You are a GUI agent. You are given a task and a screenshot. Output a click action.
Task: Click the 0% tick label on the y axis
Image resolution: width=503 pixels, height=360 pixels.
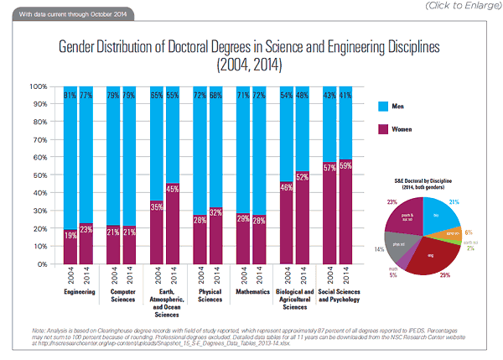point(44,263)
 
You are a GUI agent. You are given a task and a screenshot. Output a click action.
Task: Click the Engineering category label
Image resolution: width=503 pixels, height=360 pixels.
point(80,293)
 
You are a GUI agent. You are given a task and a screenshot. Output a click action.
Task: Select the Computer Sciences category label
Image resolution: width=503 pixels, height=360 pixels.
point(123,296)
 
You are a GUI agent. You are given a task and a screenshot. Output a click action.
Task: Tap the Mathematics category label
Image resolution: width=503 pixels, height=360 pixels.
point(251,293)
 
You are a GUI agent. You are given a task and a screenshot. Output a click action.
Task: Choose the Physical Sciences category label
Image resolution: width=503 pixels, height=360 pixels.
point(209,296)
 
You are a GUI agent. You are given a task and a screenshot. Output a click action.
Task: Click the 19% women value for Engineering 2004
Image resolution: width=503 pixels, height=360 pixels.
point(70,237)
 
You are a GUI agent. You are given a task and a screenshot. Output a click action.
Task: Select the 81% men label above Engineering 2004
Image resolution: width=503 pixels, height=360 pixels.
point(70,94)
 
